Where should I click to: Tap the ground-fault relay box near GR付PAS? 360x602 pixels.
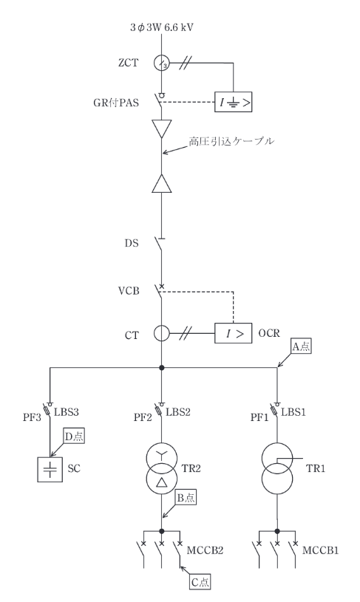(x=233, y=102)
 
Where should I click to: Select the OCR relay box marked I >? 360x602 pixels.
(x=233, y=333)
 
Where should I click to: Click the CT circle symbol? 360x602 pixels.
(x=162, y=334)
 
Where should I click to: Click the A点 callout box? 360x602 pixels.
(x=301, y=346)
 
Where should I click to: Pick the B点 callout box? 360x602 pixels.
(x=186, y=498)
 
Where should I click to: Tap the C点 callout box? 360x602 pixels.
(x=200, y=582)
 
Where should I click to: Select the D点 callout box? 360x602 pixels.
(x=75, y=437)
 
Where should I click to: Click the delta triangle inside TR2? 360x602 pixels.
(x=162, y=479)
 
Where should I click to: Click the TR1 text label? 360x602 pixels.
(x=316, y=468)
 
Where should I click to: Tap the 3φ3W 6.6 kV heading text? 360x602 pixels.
(x=161, y=27)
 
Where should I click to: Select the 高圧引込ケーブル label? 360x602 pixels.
(x=231, y=141)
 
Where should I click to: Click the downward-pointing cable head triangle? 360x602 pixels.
(x=162, y=129)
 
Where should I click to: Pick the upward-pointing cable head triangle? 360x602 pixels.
(x=162, y=183)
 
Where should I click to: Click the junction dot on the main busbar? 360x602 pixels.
(x=162, y=367)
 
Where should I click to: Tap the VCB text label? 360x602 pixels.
(x=129, y=291)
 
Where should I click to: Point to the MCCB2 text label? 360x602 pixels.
(x=205, y=550)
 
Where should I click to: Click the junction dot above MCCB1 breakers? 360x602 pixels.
(x=277, y=531)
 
